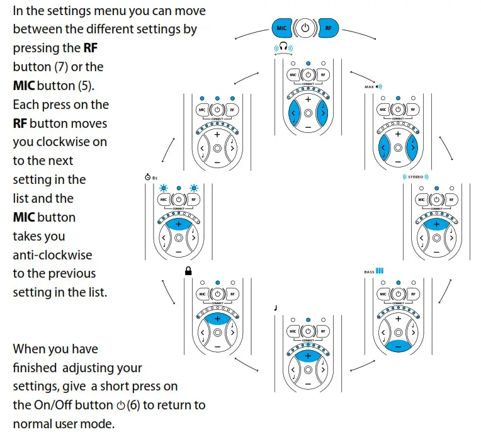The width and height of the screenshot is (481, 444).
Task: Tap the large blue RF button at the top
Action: [328, 28]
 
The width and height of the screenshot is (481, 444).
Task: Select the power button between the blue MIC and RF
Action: [305, 28]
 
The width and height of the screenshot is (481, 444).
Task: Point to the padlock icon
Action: [187, 271]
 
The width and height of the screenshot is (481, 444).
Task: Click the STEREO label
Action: [416, 177]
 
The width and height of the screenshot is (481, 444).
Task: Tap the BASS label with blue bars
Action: [374, 271]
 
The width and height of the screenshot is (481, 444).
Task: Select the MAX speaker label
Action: [373, 86]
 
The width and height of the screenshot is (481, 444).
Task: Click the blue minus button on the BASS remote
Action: [397, 345]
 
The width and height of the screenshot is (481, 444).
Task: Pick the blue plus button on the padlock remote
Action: [218, 319]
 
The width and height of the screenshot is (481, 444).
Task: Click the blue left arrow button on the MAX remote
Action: [383, 149]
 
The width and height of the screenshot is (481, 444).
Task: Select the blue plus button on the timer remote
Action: [179, 224]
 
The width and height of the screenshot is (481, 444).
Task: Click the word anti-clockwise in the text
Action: [52, 255]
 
